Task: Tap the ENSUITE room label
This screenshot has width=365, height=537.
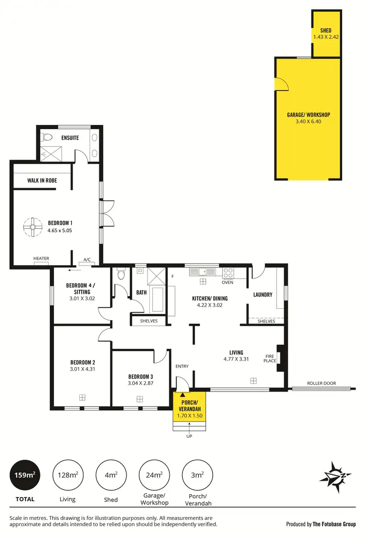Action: tap(70, 138)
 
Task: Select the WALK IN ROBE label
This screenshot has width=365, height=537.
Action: tap(42, 180)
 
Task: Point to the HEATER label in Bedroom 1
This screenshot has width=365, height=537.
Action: tap(41, 258)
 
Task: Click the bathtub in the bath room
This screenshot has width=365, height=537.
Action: tap(158, 299)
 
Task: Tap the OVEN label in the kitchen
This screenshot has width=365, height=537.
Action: tap(227, 282)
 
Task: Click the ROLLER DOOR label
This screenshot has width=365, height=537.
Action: tap(321, 383)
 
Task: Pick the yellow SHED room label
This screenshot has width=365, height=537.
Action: tap(326, 31)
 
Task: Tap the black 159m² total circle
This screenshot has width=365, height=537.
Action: tap(24, 475)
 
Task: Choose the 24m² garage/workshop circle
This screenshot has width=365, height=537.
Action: tap(154, 475)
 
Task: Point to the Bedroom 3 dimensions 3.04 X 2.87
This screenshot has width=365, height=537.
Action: tap(141, 383)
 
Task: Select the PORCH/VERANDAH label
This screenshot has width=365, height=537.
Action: tap(189, 405)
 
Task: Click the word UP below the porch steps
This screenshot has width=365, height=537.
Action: tap(189, 436)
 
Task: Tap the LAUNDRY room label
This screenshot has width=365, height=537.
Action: tap(263, 295)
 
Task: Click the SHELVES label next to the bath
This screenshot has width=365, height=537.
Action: tap(149, 321)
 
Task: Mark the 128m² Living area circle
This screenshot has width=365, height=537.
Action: tap(68, 475)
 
